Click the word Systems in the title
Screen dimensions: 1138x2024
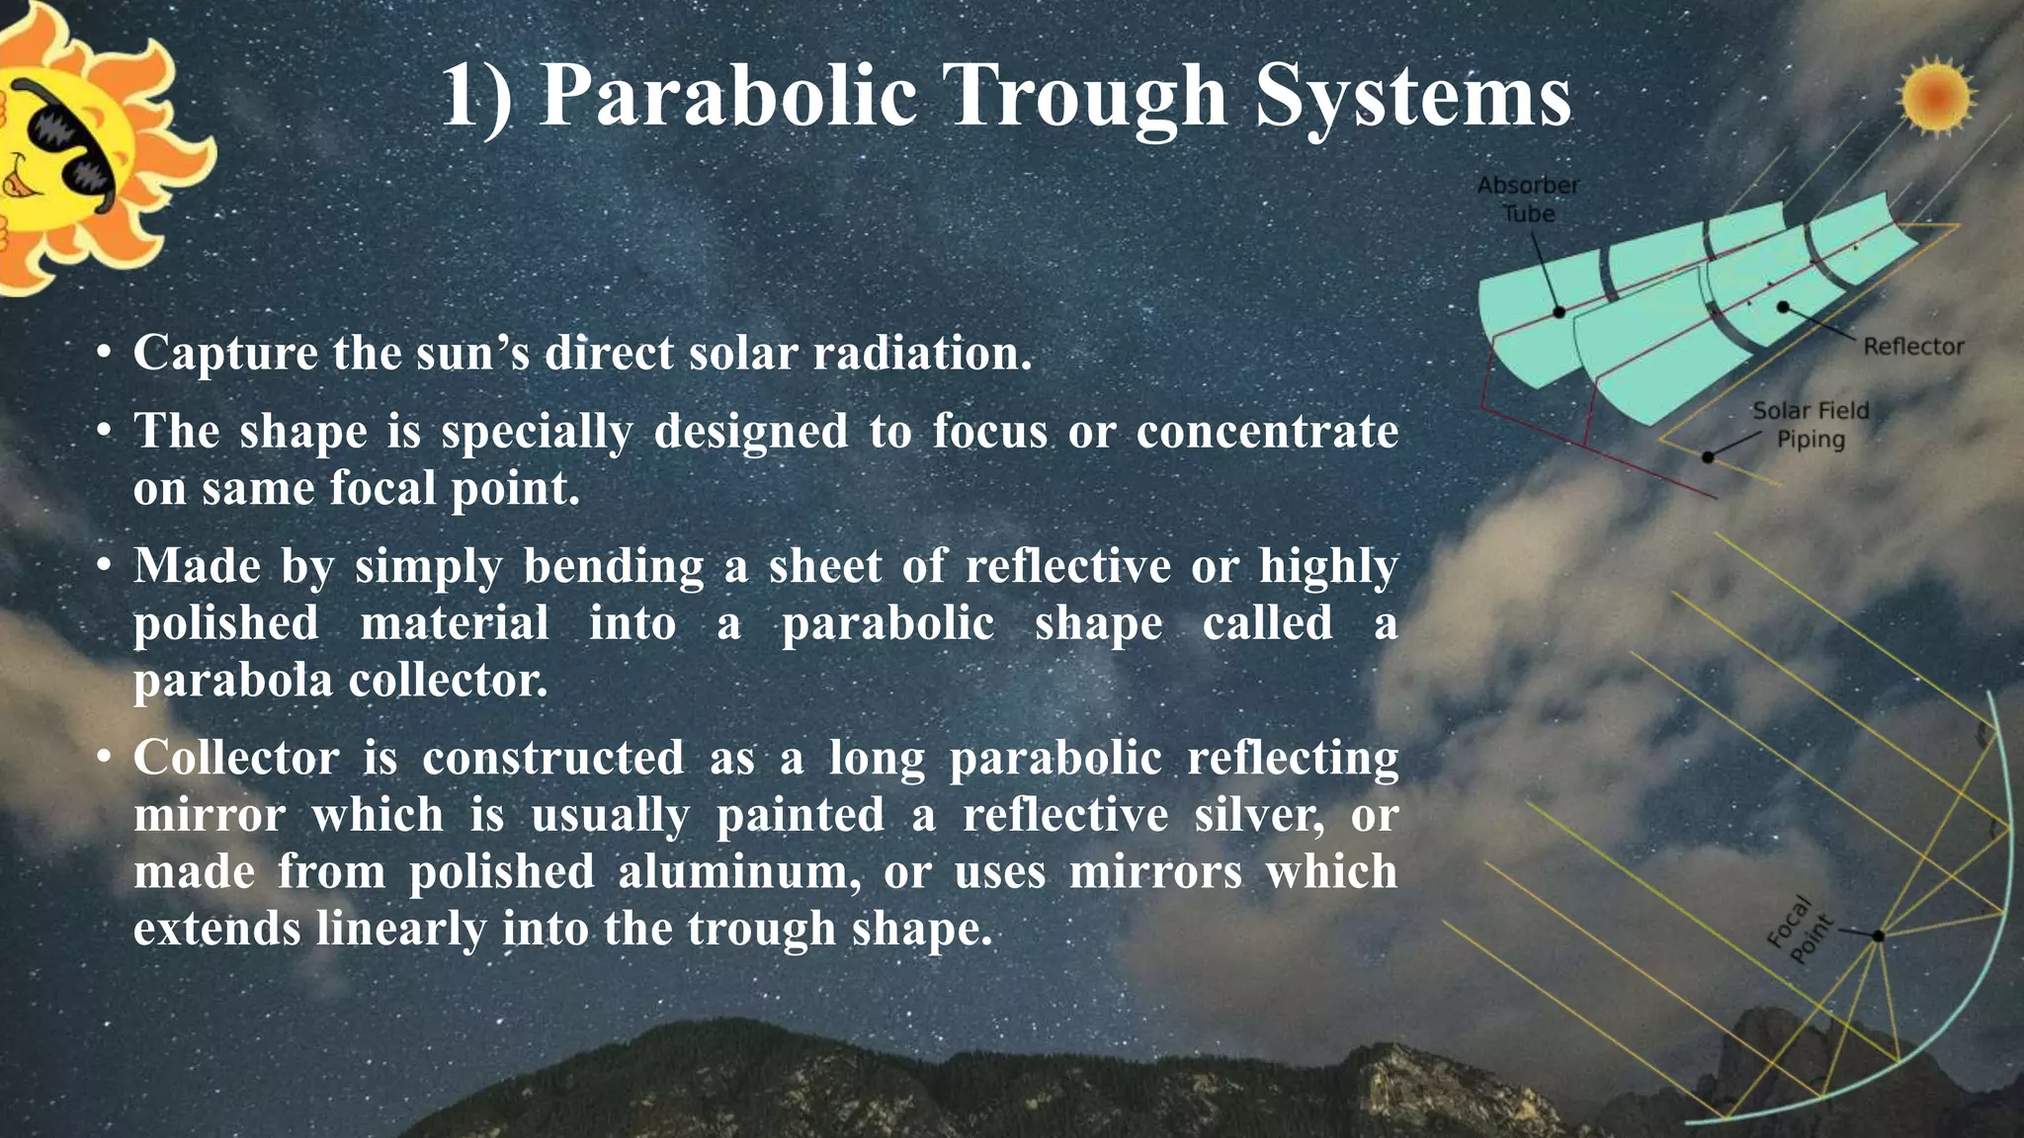(x=1413, y=97)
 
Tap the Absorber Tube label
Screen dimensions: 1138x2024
(x=1528, y=200)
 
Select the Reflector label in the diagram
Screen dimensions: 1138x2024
(x=1913, y=347)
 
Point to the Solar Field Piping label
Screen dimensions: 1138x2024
(x=1811, y=425)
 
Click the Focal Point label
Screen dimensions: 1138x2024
(x=1800, y=930)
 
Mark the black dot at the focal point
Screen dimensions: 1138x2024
(x=1878, y=935)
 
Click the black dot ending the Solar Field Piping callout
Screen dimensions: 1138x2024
(x=1708, y=457)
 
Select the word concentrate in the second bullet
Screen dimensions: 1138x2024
(x=1267, y=432)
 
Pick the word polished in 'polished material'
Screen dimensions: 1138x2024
(x=226, y=624)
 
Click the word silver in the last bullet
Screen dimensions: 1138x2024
(x=1259, y=816)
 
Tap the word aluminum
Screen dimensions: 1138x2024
(x=739, y=873)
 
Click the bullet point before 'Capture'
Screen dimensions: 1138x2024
(x=103, y=354)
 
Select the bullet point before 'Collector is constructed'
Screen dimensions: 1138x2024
(x=103, y=759)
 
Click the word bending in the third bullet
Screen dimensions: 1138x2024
(x=613, y=567)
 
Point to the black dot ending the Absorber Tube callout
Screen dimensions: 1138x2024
(x=1559, y=312)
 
